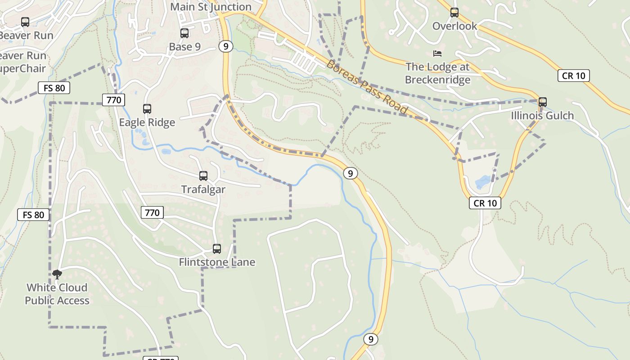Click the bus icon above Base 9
[184, 33]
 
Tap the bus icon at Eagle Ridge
[147, 108]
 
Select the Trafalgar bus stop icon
[203, 176]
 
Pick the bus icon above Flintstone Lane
[217, 248]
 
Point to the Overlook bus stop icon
[454, 12]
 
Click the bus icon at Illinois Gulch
[543, 102]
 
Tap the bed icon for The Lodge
[437, 54]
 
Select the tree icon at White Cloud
[57, 274]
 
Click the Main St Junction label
[211, 7]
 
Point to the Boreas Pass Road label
[366, 87]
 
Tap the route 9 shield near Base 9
[226, 46]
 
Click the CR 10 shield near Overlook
[574, 76]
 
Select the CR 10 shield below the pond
[485, 203]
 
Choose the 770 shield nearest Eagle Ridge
[113, 100]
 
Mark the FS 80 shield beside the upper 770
[54, 88]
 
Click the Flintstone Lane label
[217, 262]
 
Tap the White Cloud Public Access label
[57, 294]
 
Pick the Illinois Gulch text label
[542, 116]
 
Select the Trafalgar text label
[203, 189]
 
